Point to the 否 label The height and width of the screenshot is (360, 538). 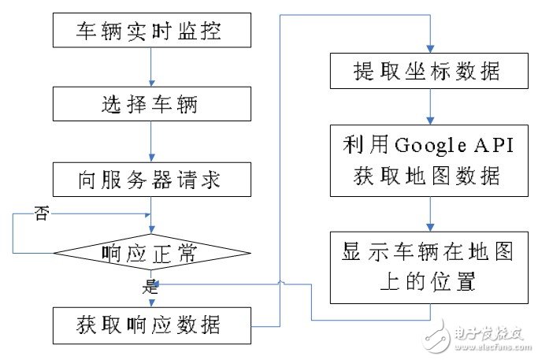point(41,213)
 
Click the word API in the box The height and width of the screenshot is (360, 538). point(493,146)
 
